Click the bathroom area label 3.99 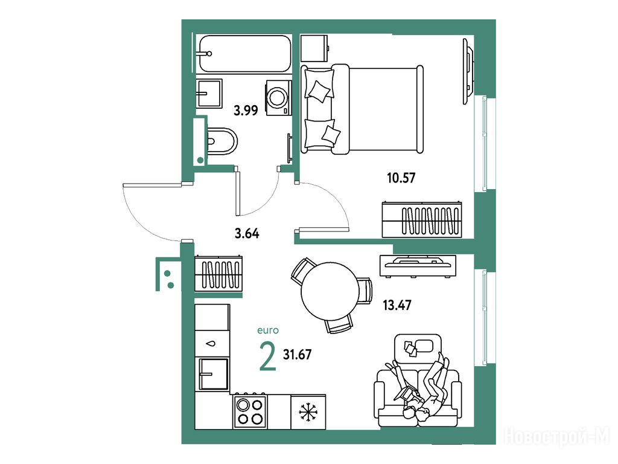pyautogui.click(x=246, y=111)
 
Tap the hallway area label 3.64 pyautogui.click(x=247, y=234)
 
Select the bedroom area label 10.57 pyautogui.click(x=401, y=178)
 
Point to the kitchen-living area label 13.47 pyautogui.click(x=397, y=305)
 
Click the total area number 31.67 pyautogui.click(x=297, y=354)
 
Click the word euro pyautogui.click(x=267, y=330)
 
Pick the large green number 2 pyautogui.click(x=267, y=356)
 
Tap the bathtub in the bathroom pyautogui.click(x=245, y=54)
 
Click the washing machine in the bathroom pyautogui.click(x=279, y=98)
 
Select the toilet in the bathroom pyautogui.click(x=222, y=141)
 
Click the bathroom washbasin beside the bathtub pyautogui.click(x=209, y=93)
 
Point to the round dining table pyautogui.click(x=330, y=291)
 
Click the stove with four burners pyautogui.click(x=249, y=411)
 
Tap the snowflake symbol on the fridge pyautogui.click(x=308, y=412)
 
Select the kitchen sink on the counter pyautogui.click(x=214, y=374)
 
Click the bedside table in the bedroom pyautogui.click(x=314, y=48)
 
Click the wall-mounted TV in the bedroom pyautogui.click(x=468, y=71)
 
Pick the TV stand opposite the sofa pyautogui.click(x=418, y=266)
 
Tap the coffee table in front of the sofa pyautogui.click(x=418, y=347)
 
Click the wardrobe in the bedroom pyautogui.click(x=422, y=220)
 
